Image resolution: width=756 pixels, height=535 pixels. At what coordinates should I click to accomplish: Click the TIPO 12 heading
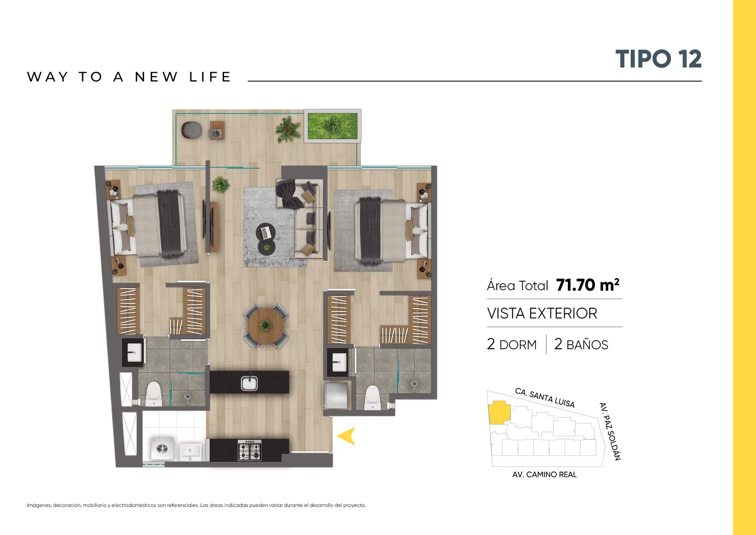[658, 59]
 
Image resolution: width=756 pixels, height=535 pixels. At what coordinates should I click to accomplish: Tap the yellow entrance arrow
[347, 436]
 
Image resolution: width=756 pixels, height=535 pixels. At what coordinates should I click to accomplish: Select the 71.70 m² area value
[588, 285]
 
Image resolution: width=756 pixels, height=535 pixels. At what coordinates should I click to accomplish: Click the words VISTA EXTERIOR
[542, 313]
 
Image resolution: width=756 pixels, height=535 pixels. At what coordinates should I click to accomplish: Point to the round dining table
[266, 326]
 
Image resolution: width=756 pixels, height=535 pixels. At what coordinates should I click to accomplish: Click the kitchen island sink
[249, 383]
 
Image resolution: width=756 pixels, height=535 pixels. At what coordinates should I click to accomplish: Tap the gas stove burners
[249, 450]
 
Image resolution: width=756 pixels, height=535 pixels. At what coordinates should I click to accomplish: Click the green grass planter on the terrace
[333, 126]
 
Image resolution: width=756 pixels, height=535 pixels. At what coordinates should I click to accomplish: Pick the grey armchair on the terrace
[191, 130]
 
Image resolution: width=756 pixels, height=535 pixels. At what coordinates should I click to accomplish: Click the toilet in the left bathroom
[154, 394]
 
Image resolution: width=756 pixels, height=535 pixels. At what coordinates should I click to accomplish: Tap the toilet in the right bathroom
[373, 397]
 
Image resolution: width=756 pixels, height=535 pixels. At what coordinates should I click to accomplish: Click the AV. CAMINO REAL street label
[544, 475]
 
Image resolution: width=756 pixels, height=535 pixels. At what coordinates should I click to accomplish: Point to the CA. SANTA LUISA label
[544, 398]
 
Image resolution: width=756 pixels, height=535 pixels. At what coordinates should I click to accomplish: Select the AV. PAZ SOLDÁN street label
[610, 431]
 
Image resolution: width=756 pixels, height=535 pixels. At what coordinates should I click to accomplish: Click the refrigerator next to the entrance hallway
[336, 395]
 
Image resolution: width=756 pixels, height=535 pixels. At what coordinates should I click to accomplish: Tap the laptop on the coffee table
[266, 232]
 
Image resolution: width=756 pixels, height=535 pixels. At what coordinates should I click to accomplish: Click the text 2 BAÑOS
[581, 345]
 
